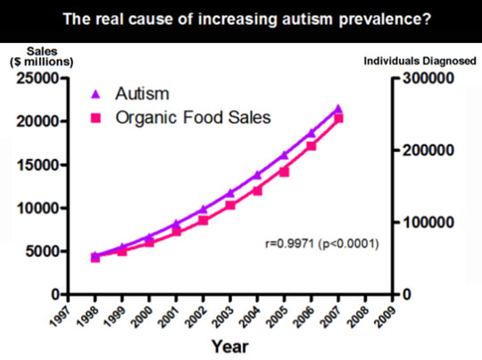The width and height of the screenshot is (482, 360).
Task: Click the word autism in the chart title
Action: (x=307, y=19)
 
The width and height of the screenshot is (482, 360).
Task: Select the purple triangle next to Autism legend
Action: (x=96, y=94)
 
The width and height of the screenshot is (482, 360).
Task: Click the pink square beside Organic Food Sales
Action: (x=96, y=118)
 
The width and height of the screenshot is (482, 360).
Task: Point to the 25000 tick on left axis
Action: (x=37, y=78)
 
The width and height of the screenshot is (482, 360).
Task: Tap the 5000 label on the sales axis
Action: (x=42, y=252)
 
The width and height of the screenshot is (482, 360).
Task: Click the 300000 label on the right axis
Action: (x=428, y=78)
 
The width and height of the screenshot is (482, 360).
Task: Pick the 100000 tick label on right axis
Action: (x=428, y=222)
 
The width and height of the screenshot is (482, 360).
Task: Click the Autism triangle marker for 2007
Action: (x=338, y=109)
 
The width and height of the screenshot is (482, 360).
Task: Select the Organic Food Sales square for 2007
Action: (x=338, y=119)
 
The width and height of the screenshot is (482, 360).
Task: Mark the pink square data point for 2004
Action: (x=257, y=191)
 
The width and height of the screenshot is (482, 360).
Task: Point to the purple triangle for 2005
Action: (x=285, y=155)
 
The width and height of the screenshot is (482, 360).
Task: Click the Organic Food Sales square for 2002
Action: (x=204, y=221)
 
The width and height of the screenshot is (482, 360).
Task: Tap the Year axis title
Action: (x=230, y=347)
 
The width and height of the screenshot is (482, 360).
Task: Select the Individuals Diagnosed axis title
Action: (x=420, y=61)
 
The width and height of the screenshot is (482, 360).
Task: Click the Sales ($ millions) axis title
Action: (x=42, y=56)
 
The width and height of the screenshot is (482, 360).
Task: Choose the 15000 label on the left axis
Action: (x=37, y=165)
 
